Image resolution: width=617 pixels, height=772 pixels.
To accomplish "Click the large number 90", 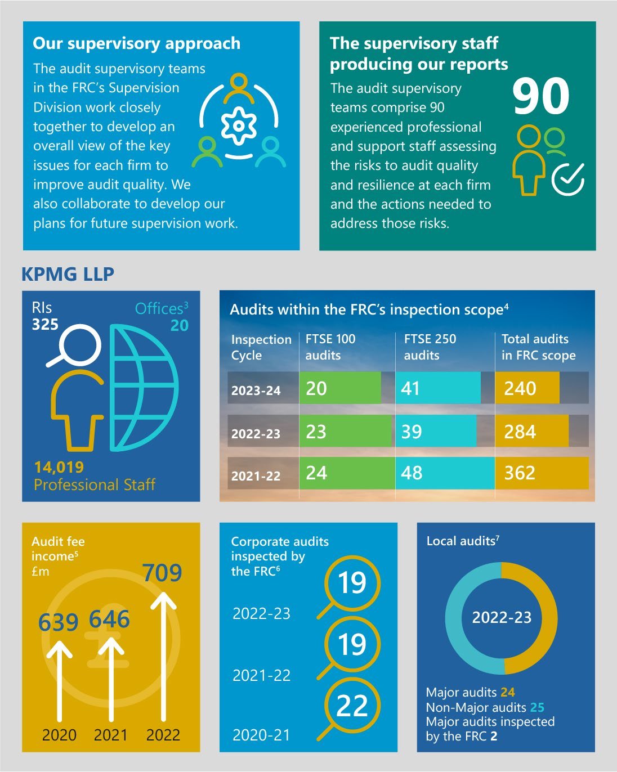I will (x=540, y=97).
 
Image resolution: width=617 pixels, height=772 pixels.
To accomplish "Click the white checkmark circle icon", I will (x=568, y=179).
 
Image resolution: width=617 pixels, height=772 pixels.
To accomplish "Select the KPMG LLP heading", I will (x=68, y=274).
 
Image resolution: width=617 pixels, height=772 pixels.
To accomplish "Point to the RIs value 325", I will (x=45, y=325).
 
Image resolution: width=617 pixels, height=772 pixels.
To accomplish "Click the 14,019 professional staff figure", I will (x=59, y=467).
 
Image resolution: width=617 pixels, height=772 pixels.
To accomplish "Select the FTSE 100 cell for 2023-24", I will (x=339, y=388).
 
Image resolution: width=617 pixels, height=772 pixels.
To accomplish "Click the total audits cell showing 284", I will (x=532, y=432).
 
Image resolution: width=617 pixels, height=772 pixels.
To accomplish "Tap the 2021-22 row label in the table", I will (x=256, y=476).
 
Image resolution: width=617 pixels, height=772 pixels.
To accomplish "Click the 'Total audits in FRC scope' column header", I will (x=538, y=347).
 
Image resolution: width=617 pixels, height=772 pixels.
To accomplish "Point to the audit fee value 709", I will (x=162, y=573).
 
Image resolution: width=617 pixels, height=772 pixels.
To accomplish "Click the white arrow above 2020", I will (x=59, y=681).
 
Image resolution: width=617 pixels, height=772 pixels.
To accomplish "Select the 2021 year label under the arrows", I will (x=110, y=735).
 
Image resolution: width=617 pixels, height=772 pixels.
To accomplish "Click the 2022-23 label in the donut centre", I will (x=502, y=617).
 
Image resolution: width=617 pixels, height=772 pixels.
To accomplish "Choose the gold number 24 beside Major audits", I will (x=508, y=692).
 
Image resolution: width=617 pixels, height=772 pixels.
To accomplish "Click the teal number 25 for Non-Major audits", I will (x=537, y=707).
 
